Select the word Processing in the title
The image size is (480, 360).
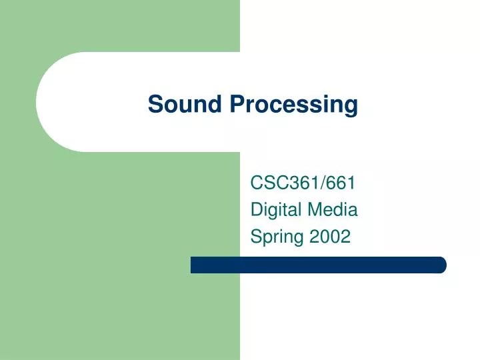(293, 105)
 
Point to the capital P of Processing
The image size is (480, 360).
(236, 104)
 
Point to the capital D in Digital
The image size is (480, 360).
(256, 209)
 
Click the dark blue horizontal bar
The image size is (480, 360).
(318, 265)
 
